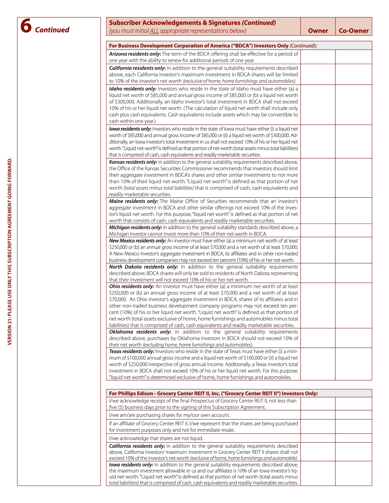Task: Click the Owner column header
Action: point(318,31)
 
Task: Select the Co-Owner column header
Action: point(354,31)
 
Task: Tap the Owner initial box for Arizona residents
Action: point(318,57)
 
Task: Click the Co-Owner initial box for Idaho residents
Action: point(354,105)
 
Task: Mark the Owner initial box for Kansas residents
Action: point(318,178)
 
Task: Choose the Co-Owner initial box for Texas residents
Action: point(354,364)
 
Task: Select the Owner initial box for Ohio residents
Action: point(318,305)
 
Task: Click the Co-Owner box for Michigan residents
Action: point(354,230)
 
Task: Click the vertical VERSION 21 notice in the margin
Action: point(10,251)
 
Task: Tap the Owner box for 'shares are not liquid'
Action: point(318,438)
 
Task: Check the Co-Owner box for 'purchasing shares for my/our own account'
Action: point(354,415)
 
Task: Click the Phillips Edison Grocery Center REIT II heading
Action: point(213,394)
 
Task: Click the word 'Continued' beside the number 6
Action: point(52,30)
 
